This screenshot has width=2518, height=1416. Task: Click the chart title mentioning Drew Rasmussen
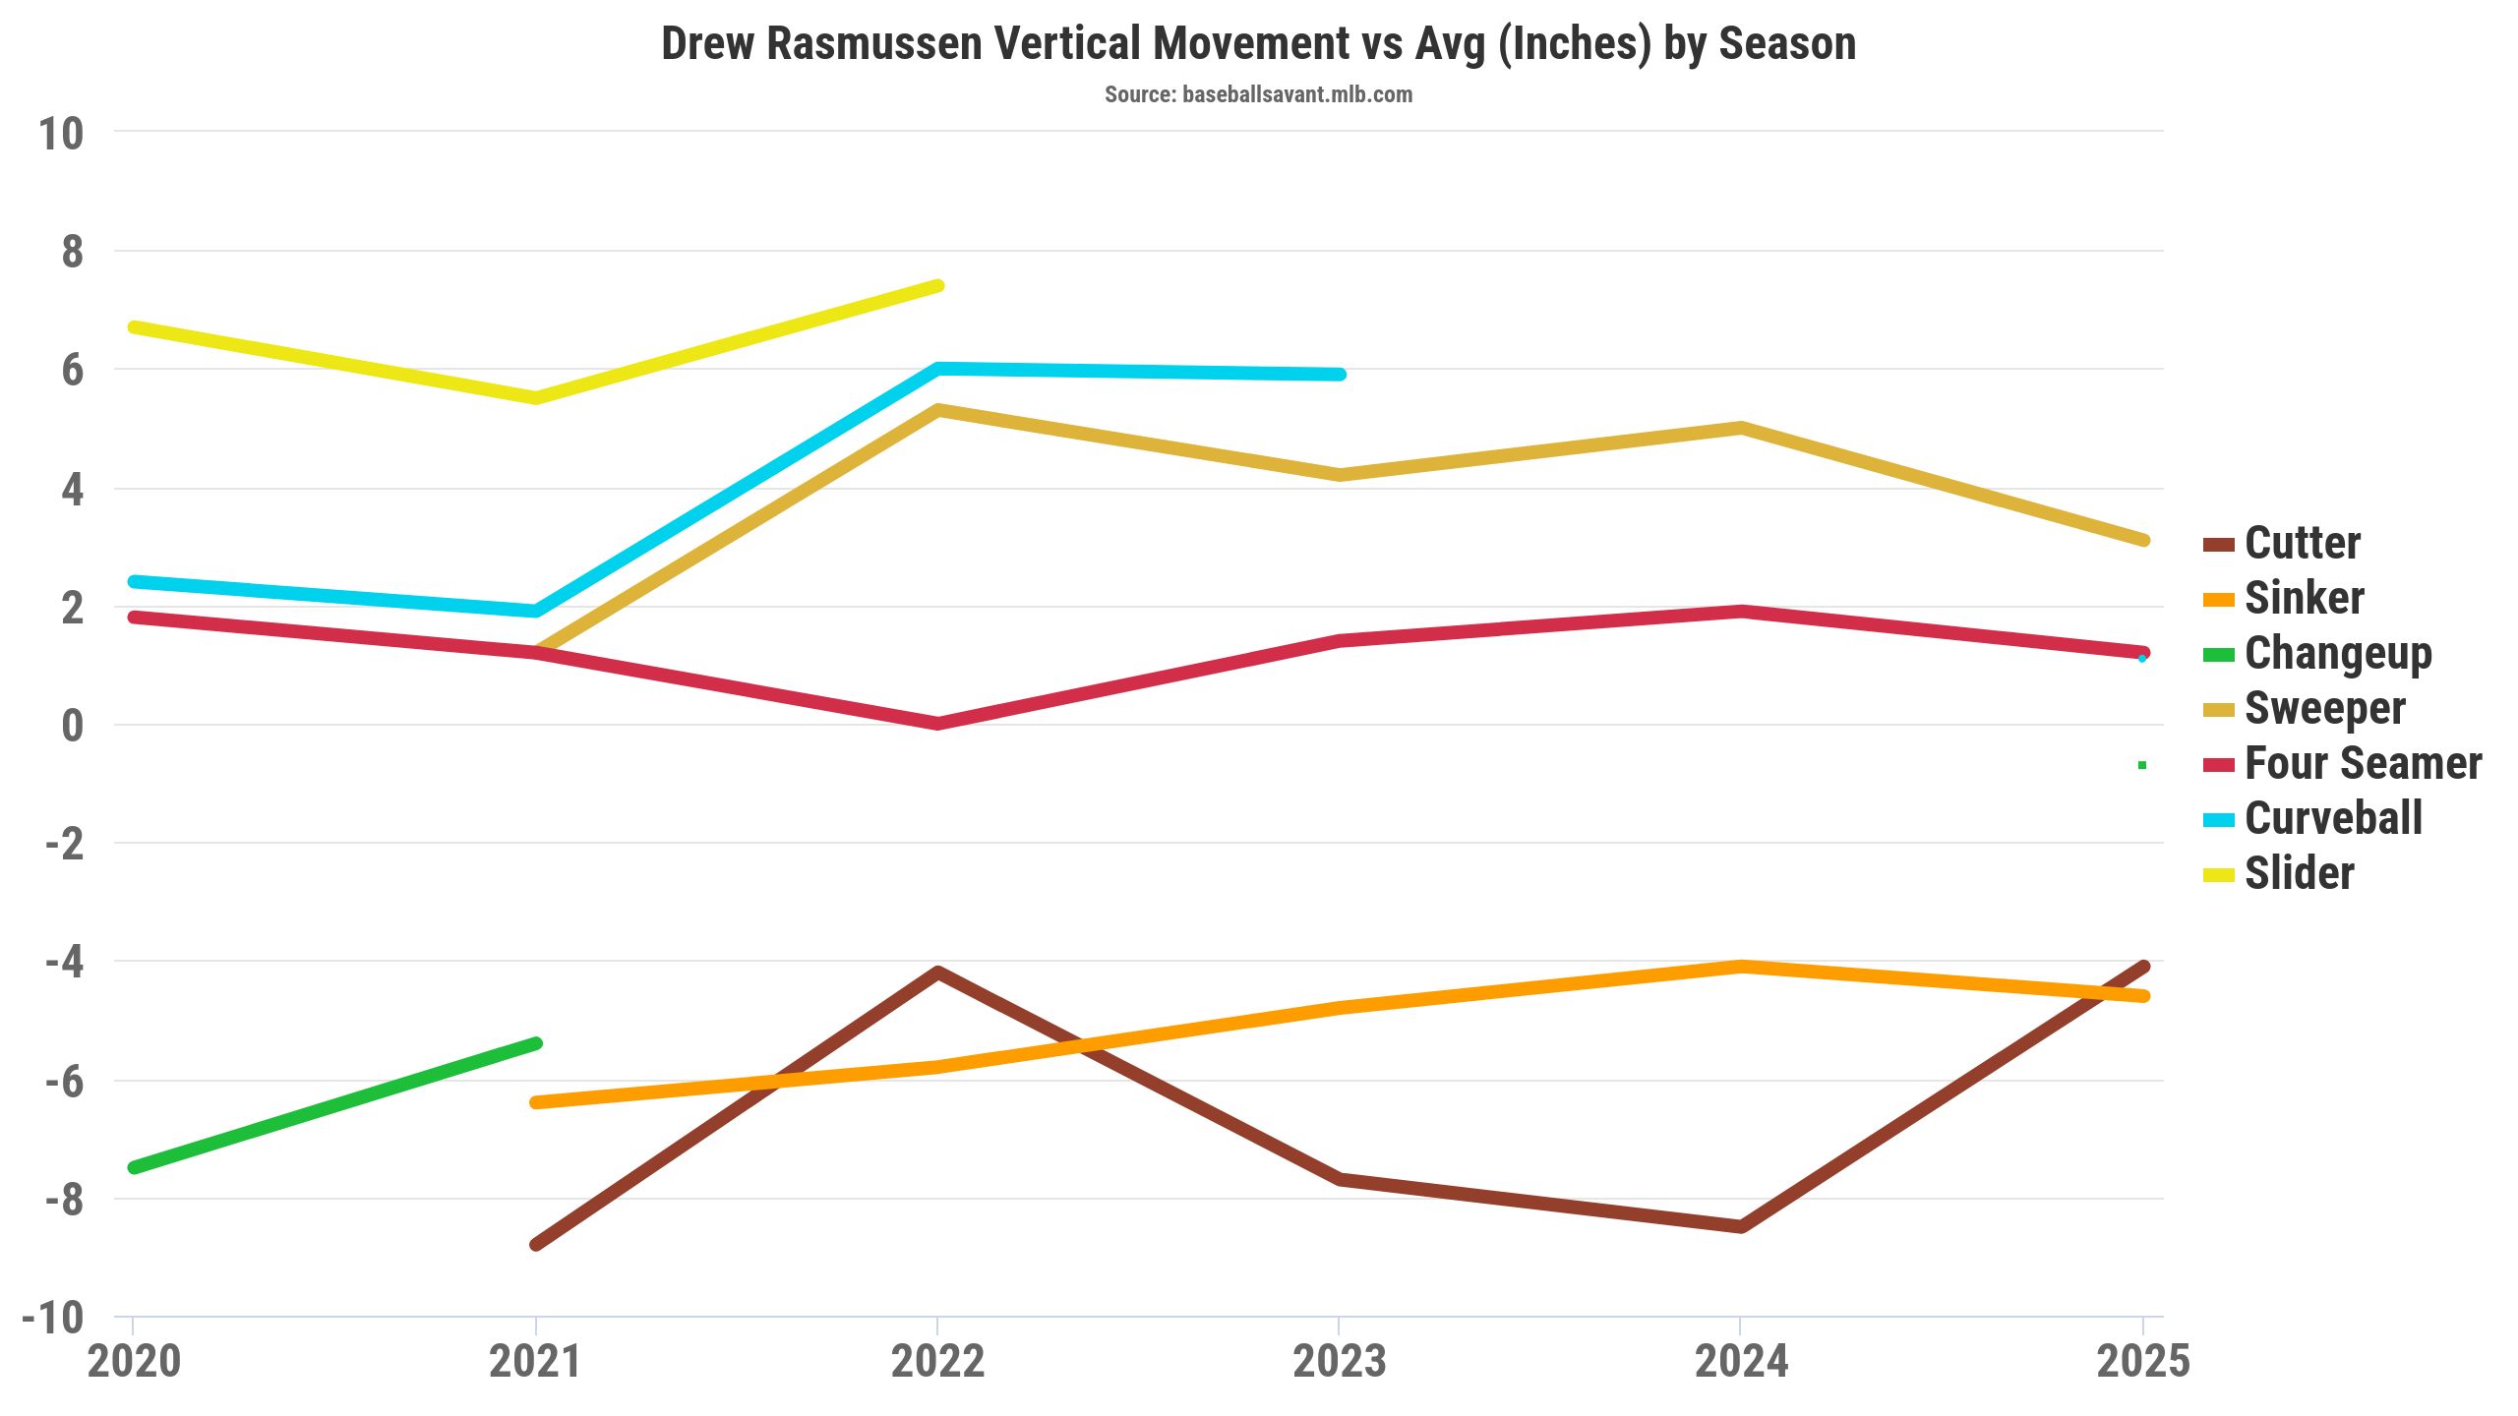[1258, 44]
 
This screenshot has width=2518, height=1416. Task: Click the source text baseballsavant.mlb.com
[1258, 94]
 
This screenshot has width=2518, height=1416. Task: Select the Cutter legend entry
[2302, 543]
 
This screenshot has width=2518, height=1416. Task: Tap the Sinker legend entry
[2304, 598]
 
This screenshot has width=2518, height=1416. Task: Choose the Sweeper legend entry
[2324, 708]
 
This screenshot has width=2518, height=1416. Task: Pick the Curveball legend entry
[2333, 818]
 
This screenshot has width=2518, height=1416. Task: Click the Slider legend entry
[2299, 873]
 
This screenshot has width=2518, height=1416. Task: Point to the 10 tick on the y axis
[61, 134]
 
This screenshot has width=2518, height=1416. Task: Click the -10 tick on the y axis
[53, 1318]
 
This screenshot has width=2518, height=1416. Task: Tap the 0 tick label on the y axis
[72, 726]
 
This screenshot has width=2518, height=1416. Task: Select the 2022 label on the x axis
[937, 1362]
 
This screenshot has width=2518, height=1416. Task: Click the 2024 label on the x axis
[1741, 1362]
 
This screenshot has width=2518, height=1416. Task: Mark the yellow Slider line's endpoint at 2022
[938, 286]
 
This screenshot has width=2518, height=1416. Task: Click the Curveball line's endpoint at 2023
[1340, 375]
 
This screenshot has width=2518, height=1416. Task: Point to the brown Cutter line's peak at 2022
[938, 973]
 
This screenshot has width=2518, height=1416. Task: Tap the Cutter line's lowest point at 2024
[1741, 1226]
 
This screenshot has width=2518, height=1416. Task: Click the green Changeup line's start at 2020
[134, 1167]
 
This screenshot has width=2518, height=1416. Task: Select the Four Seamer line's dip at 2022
[938, 724]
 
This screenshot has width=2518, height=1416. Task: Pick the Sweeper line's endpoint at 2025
[2143, 540]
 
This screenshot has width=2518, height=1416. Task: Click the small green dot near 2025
[2141, 765]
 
